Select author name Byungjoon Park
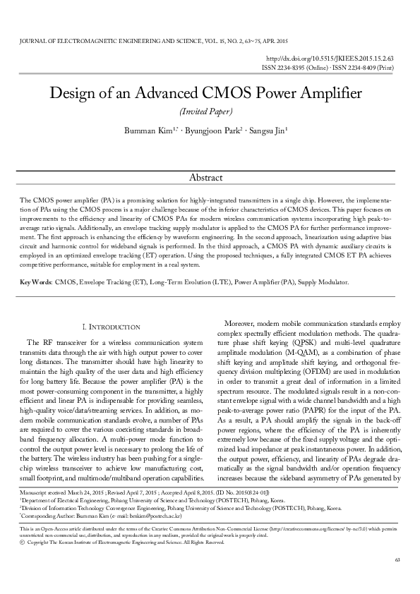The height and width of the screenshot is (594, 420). (x=213, y=131)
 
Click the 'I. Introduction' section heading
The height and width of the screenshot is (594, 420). (x=112, y=327)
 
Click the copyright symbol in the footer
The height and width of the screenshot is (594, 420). (x=23, y=542)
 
